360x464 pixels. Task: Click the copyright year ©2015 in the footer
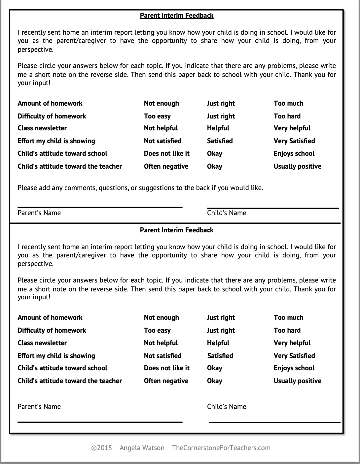click(101, 448)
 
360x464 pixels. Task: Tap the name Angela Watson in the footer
click(142, 448)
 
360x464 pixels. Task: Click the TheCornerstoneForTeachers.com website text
click(221, 448)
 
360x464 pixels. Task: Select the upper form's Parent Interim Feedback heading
click(177, 16)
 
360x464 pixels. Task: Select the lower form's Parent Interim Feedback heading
click(177, 230)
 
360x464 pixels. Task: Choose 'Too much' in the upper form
click(288, 103)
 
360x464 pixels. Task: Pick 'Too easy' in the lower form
click(157, 330)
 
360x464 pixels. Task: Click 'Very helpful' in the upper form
click(292, 128)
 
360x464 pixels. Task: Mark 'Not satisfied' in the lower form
click(162, 356)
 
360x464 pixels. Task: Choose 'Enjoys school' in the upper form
click(294, 153)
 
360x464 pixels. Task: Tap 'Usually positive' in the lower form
click(297, 381)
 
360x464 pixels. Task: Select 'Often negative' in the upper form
click(166, 166)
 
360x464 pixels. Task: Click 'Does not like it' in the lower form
click(166, 368)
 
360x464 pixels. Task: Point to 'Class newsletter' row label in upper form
click(42, 128)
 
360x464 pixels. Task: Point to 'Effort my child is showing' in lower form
click(56, 356)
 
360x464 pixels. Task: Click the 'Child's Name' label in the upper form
click(227, 213)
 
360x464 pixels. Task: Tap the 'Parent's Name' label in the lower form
click(39, 407)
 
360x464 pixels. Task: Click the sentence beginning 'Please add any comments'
click(140, 188)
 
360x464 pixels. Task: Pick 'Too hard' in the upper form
click(287, 116)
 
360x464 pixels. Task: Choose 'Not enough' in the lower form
click(161, 317)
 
